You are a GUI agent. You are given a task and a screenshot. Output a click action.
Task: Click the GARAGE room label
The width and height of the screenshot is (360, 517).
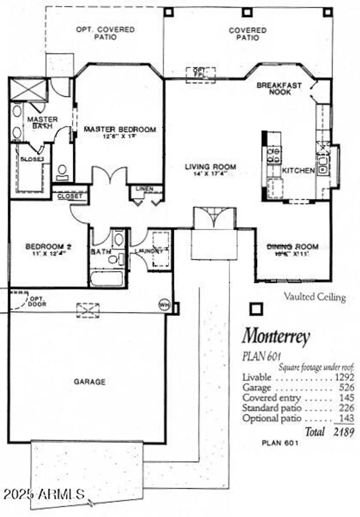click(x=90, y=382)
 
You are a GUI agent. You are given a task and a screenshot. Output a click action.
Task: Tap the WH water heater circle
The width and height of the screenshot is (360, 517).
click(x=164, y=305)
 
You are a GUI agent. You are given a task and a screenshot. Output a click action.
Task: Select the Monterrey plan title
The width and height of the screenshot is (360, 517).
click(x=276, y=336)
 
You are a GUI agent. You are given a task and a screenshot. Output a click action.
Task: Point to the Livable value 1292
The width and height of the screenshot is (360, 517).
click(x=344, y=377)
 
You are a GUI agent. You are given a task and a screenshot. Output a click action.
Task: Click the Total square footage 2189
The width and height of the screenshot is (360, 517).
click(x=343, y=432)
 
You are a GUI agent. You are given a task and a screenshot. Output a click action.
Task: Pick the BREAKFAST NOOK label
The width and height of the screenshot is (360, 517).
click(x=279, y=89)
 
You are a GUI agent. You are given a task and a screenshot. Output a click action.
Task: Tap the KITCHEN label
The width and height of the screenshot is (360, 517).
click(x=298, y=170)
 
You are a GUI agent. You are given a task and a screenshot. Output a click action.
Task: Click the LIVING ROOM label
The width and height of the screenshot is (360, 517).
click(x=210, y=167)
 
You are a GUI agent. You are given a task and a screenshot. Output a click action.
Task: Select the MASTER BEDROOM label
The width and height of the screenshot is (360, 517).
click(x=120, y=130)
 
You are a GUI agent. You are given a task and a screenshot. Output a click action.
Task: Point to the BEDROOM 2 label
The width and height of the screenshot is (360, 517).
click(x=49, y=247)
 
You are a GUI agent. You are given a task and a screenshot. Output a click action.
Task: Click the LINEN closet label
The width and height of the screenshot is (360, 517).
click(x=144, y=189)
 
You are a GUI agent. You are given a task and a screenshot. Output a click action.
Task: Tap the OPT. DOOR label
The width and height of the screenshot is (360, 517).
click(x=37, y=301)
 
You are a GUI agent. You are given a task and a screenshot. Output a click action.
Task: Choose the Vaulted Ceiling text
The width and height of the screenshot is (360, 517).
click(x=315, y=297)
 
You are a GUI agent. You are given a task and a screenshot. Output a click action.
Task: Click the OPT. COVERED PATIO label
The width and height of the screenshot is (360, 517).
click(x=105, y=33)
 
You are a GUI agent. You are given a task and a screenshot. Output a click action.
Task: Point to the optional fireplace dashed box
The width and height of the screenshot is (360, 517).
click(x=201, y=75)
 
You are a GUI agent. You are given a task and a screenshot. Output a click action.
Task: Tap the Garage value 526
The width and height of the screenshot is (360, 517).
click(x=346, y=387)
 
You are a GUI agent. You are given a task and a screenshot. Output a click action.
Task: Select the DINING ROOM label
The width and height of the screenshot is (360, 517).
click(x=293, y=247)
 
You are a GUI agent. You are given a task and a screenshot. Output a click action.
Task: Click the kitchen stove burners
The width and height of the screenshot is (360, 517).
click(x=275, y=155)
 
